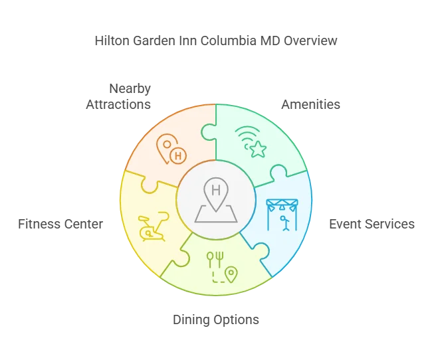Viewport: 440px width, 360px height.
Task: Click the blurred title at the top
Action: [x=215, y=41]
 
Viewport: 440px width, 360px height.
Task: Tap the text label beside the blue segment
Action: [x=372, y=223]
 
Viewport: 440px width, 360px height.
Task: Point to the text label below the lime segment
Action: [x=215, y=319]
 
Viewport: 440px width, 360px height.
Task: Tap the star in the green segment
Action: [x=257, y=149]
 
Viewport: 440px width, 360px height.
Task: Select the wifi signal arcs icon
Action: [x=245, y=137]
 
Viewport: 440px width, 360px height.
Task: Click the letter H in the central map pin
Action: [x=215, y=190]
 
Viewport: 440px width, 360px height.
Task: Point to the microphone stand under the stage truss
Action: [x=285, y=222]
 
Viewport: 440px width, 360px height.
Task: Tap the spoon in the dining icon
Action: [x=211, y=256]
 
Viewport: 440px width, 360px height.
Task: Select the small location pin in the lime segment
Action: [x=231, y=274]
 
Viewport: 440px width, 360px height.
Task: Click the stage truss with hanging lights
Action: [x=282, y=203]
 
